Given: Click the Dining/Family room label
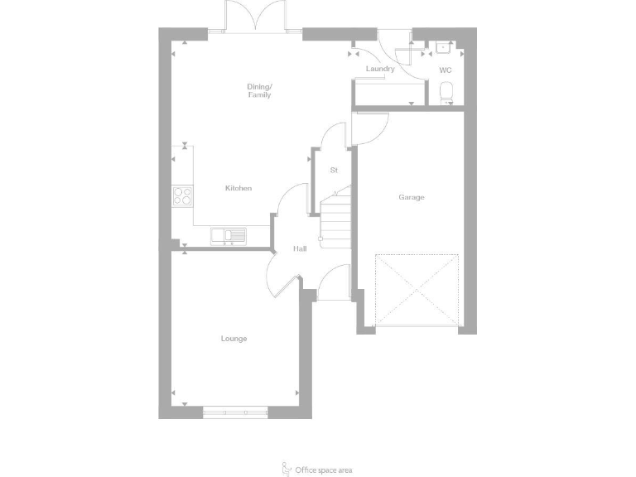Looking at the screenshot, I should pyautogui.click(x=258, y=90).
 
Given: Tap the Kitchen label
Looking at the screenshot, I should pyautogui.click(x=238, y=189).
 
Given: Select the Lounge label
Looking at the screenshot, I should pyautogui.click(x=234, y=339).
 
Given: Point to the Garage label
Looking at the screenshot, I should pyautogui.click(x=412, y=197).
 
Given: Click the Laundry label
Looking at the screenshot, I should pyautogui.click(x=379, y=69).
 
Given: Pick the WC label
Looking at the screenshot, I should pyautogui.click(x=446, y=70).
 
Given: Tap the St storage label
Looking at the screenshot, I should pyautogui.click(x=335, y=171).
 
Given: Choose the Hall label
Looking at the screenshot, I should pyautogui.click(x=301, y=248).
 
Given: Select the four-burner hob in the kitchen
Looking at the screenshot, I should pyautogui.click(x=182, y=196).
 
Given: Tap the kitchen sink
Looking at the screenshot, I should pyautogui.click(x=229, y=236).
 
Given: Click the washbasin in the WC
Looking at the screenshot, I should pyautogui.click(x=443, y=46).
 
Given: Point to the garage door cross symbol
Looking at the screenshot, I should pyautogui.click(x=417, y=290).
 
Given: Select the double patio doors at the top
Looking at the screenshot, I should pyautogui.click(x=255, y=18).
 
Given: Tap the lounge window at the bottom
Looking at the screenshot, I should pyautogui.click(x=235, y=412).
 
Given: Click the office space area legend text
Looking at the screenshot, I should pyautogui.click(x=324, y=470).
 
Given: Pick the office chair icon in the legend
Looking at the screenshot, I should pyautogui.click(x=287, y=469).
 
